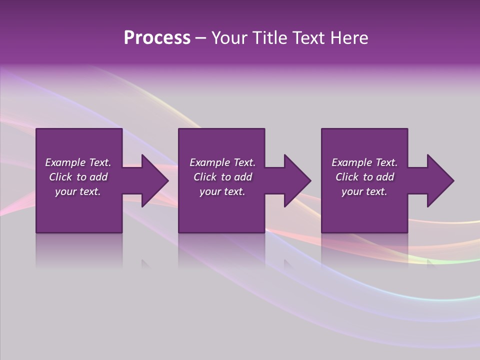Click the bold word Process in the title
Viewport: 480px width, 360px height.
[157, 38]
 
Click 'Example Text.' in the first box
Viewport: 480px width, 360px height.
[78, 162]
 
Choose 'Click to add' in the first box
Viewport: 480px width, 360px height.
[78, 177]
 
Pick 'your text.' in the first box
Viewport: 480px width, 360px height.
[78, 191]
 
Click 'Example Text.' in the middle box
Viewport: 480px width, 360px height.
[222, 162]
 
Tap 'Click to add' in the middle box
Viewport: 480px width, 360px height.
[222, 177]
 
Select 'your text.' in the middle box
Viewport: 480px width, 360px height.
[222, 191]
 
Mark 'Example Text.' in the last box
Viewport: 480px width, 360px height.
[364, 162]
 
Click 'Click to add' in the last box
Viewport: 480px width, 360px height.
[364, 177]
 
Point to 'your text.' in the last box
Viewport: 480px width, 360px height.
[364, 191]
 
